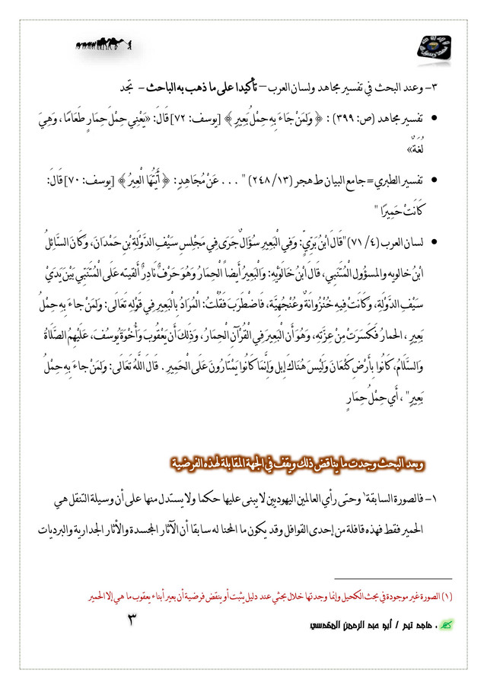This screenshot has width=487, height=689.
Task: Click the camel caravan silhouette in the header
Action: pos(103,48)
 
